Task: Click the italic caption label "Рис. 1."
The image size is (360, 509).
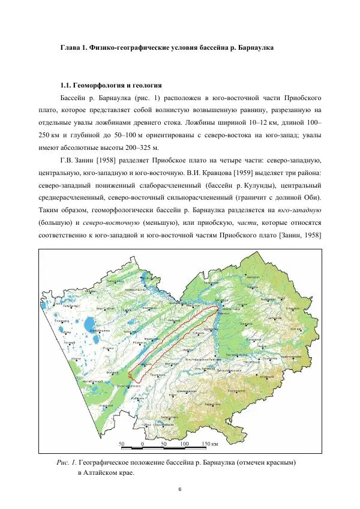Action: point(66,463)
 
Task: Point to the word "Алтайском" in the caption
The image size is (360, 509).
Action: point(106,473)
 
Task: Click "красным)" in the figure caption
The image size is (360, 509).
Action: point(280,463)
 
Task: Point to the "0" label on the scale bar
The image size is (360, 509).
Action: point(142,444)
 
